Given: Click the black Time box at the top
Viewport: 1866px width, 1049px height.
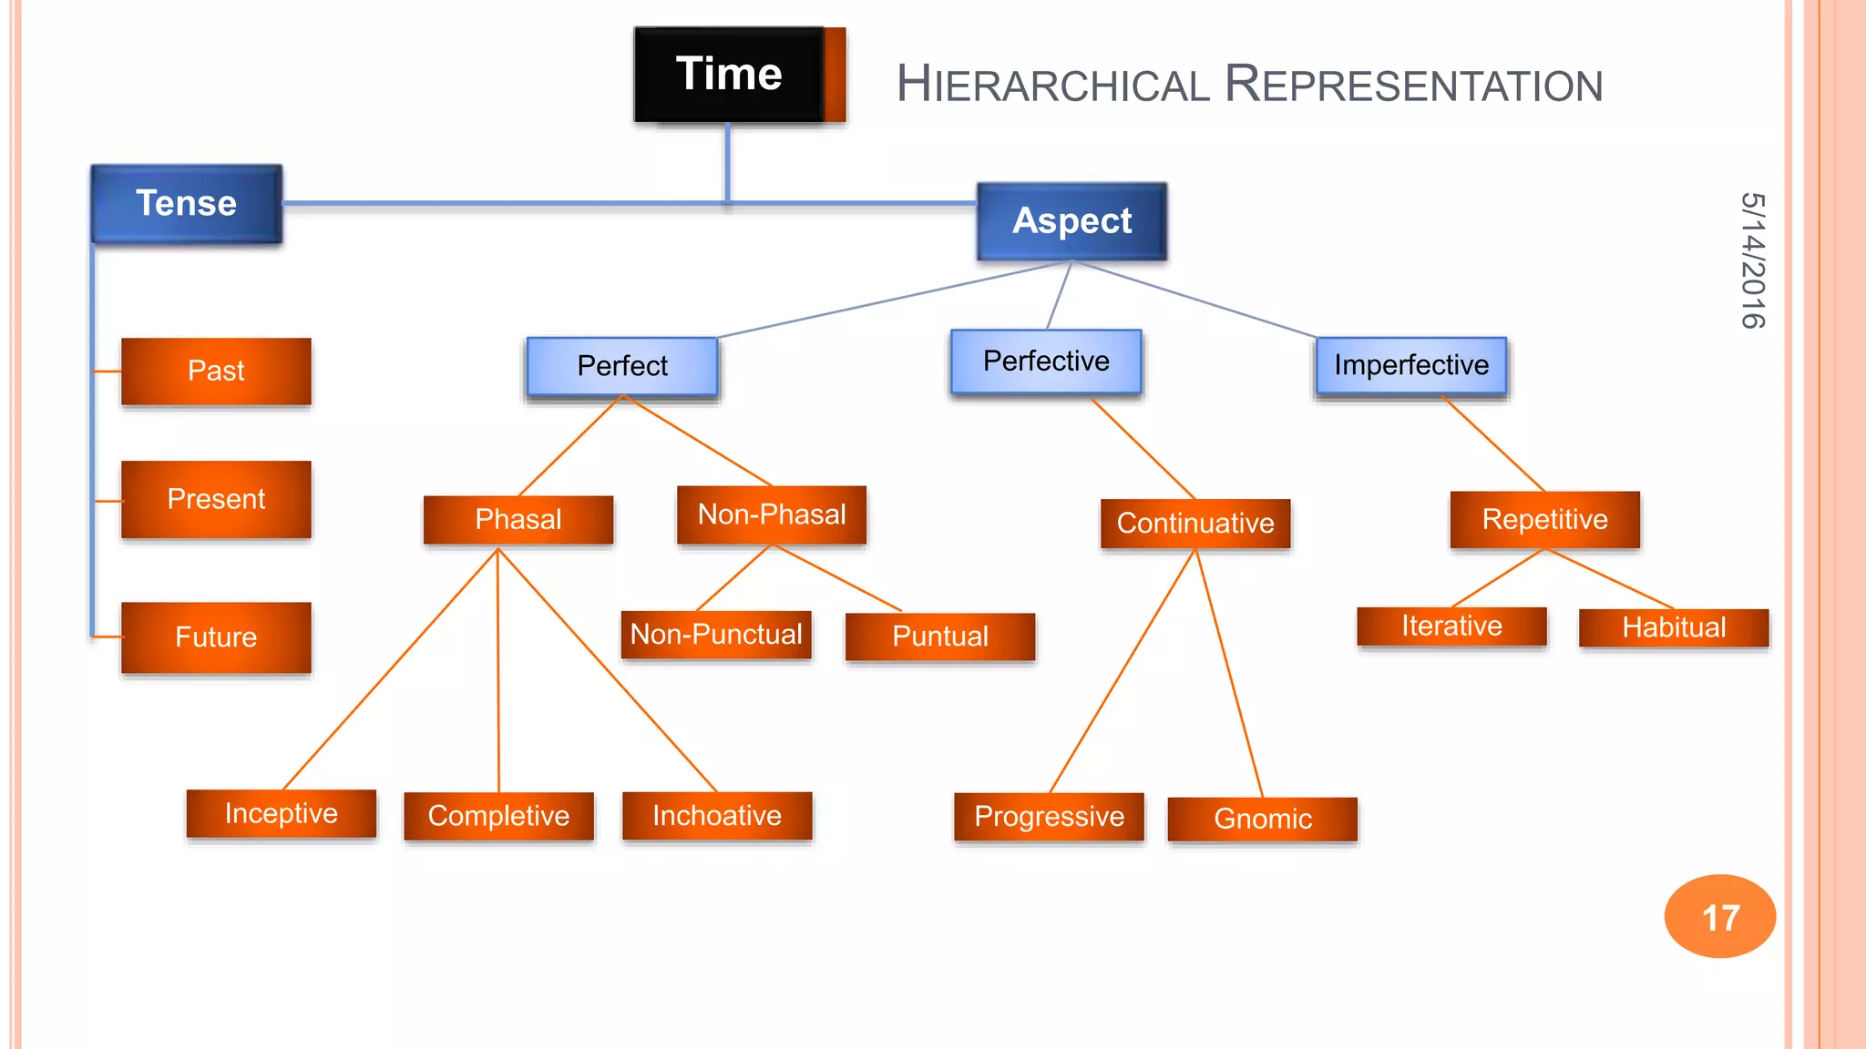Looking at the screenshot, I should [x=729, y=74].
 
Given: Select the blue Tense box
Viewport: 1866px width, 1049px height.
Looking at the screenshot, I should [x=187, y=203].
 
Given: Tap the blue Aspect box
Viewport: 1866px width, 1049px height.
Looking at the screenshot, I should [x=1071, y=221].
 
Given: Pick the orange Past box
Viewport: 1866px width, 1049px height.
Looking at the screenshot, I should [x=216, y=371].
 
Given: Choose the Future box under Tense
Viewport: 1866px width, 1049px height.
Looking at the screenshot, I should [x=216, y=637].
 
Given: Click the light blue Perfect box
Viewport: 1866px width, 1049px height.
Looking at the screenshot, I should [x=622, y=366].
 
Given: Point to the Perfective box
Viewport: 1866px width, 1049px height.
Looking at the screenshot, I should [x=1046, y=362].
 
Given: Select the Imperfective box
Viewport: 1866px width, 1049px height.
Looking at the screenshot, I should [x=1411, y=365].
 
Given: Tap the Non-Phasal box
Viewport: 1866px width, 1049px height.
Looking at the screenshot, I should [x=772, y=514].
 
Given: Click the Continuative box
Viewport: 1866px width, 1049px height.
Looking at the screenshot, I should [x=1195, y=524].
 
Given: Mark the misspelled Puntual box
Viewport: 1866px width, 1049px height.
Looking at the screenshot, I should [x=940, y=636].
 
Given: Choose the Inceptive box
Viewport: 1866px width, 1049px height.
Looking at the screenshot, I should [x=281, y=813].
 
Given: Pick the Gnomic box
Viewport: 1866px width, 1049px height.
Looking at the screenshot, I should [x=1263, y=819].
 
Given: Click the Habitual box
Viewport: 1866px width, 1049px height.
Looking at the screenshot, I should [x=1674, y=627].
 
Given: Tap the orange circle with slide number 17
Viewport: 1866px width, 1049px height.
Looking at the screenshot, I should [x=1720, y=917].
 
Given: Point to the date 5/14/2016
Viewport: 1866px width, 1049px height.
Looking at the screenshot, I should [x=1752, y=260].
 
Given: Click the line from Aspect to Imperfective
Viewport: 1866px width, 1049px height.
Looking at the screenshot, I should [x=1194, y=300].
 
